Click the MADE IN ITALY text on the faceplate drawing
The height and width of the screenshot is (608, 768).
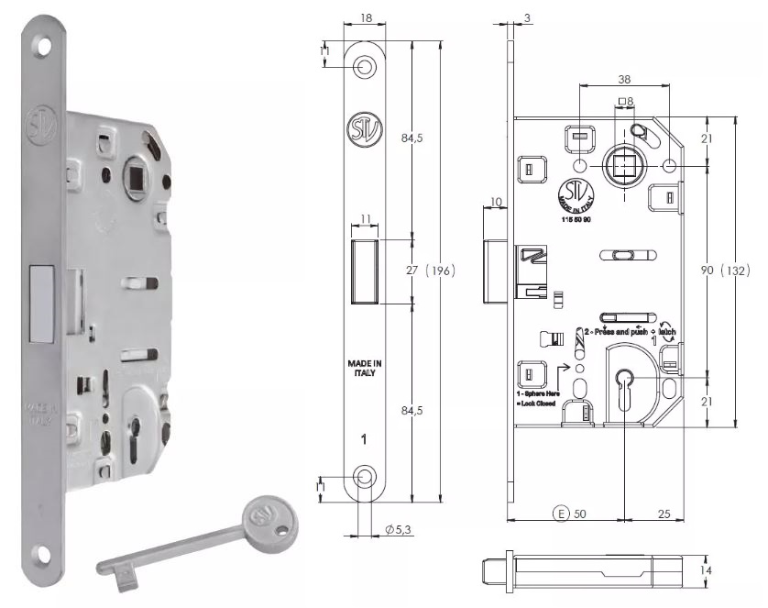pos(364,367)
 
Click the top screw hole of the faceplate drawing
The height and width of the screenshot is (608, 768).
pos(364,66)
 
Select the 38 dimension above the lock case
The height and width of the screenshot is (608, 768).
pos(624,80)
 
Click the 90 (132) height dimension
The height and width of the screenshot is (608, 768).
pos(726,271)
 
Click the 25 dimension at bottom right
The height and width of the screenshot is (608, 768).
pos(667,514)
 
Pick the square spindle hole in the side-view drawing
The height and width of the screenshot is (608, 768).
pos(624,166)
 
